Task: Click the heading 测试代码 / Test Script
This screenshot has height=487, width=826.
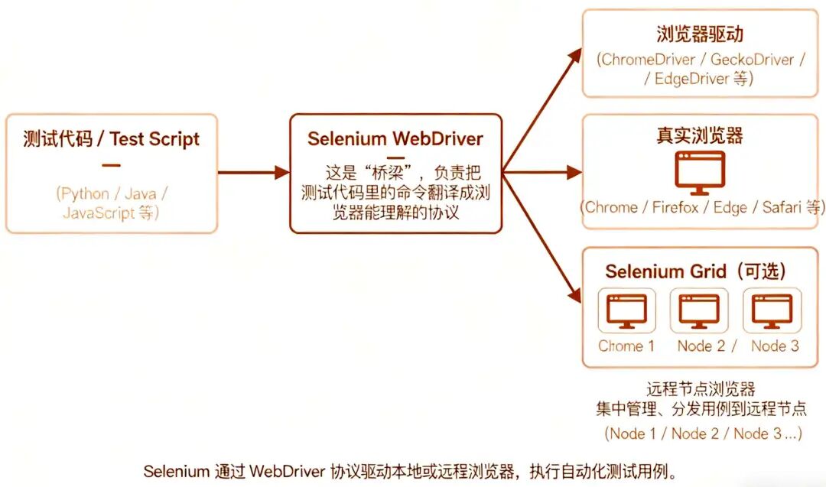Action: tap(112, 139)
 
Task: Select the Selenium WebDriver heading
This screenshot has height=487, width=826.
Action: tap(395, 138)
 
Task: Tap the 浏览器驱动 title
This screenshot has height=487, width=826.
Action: tap(700, 34)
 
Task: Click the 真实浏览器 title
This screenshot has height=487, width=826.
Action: tap(700, 136)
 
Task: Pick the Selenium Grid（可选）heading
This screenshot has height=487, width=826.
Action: tap(695, 271)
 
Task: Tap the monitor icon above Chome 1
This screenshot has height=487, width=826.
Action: tap(626, 310)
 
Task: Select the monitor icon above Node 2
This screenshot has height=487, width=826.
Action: tap(699, 310)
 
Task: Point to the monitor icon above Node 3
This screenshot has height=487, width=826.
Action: tap(772, 310)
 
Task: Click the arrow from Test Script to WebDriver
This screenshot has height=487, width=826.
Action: tap(253, 172)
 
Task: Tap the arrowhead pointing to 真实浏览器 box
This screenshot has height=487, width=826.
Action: tap(575, 172)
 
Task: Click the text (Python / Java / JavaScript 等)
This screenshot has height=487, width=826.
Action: tap(112, 203)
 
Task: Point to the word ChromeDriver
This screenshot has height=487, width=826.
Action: tap(649, 60)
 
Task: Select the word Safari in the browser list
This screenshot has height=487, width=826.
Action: tap(783, 207)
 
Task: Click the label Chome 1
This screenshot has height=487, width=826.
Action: tap(626, 346)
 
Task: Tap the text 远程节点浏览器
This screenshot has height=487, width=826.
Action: tap(701, 390)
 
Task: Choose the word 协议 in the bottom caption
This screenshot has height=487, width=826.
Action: tap(344, 470)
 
